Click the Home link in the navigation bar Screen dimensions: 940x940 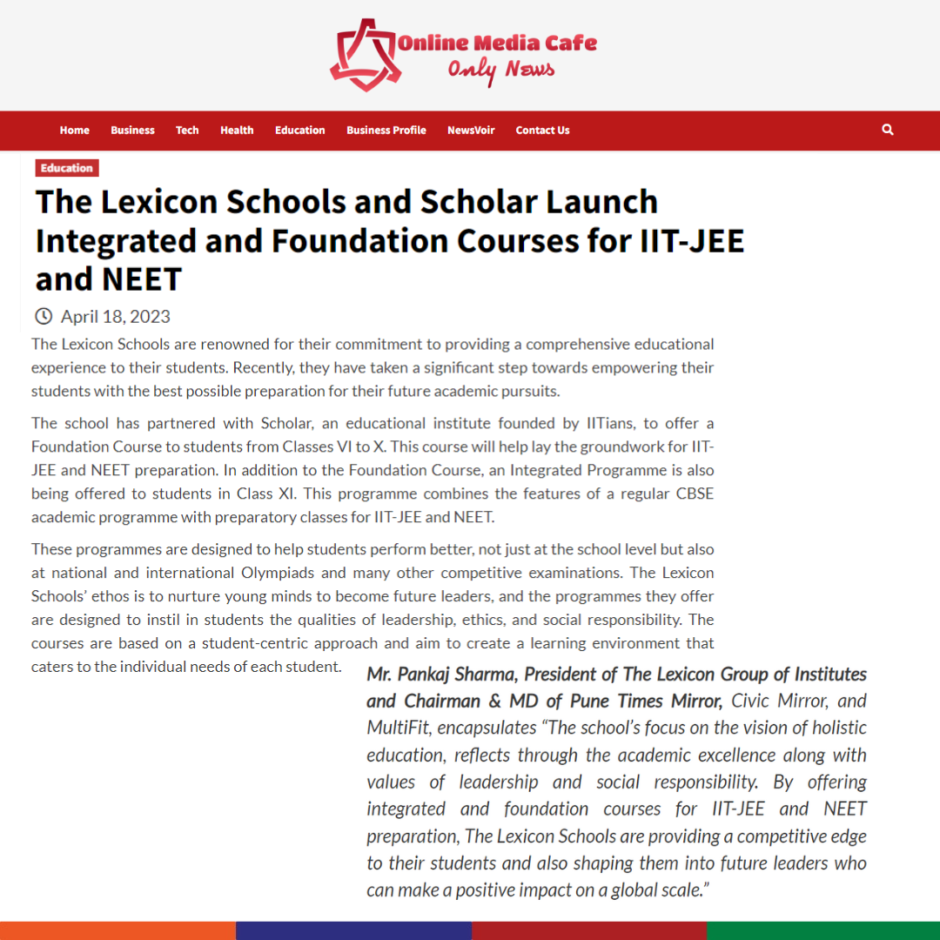pos(75,131)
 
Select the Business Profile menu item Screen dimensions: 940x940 pos(386,131)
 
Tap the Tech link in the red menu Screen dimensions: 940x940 pos(187,131)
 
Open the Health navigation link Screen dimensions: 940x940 pos(237,131)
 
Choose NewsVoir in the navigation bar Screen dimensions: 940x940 pos(471,131)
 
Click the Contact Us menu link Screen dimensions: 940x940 pos(542,131)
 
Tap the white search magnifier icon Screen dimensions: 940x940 pos(888,130)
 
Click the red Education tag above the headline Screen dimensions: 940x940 pos(67,168)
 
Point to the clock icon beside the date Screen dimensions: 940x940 pos(44,316)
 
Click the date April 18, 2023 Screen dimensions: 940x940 pos(116,316)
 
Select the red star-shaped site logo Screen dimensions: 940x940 pos(364,54)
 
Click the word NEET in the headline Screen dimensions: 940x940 pos(143,279)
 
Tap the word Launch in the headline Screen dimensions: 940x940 pos(601,202)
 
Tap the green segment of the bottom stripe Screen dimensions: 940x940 pos(823,930)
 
